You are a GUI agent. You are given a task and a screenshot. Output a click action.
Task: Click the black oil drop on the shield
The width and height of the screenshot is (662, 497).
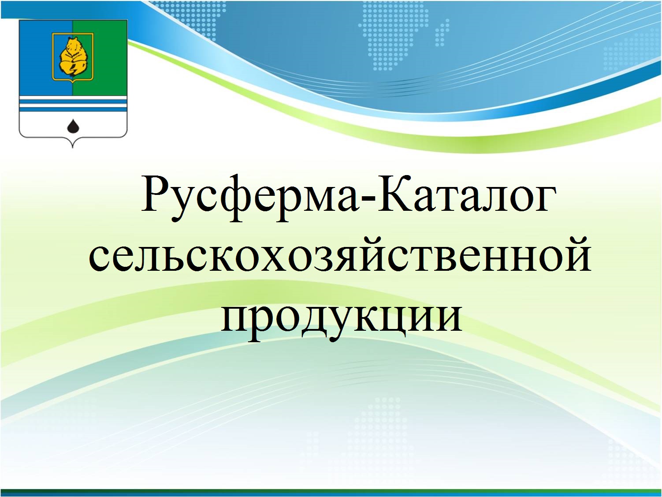click(73, 126)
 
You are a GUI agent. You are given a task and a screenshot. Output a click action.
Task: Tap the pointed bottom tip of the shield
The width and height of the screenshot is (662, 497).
click(73, 148)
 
